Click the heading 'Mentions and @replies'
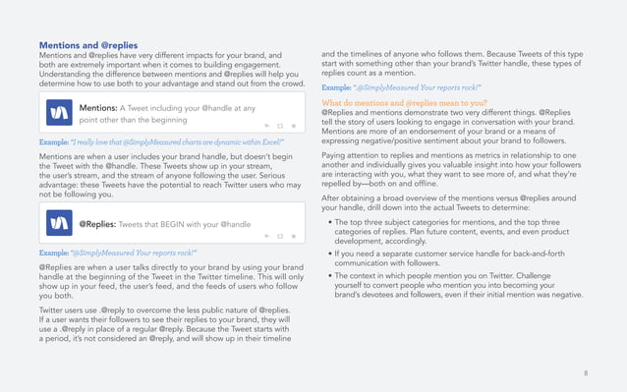pyautogui.click(x=88, y=45)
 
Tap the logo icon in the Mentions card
pyautogui.click(x=58, y=114)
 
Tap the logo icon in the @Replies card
pyautogui.click(x=58, y=223)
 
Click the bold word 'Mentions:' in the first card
pyautogui.click(x=97, y=108)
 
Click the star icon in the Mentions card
pyautogui.click(x=293, y=127)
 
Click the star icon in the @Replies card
pyautogui.click(x=293, y=237)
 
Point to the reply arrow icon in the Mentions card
pyautogui.click(x=266, y=127)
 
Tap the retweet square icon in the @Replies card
pyautogui.click(x=279, y=237)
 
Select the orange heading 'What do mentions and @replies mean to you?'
pyautogui.click(x=404, y=102)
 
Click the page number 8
pyautogui.click(x=586, y=373)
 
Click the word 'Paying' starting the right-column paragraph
pyautogui.click(x=334, y=155)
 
